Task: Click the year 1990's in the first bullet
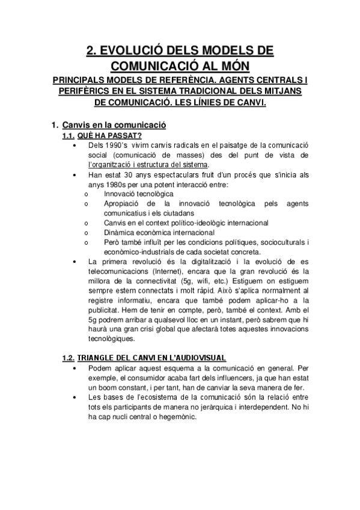click(x=118, y=146)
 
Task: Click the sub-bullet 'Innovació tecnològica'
click(x=138, y=194)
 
